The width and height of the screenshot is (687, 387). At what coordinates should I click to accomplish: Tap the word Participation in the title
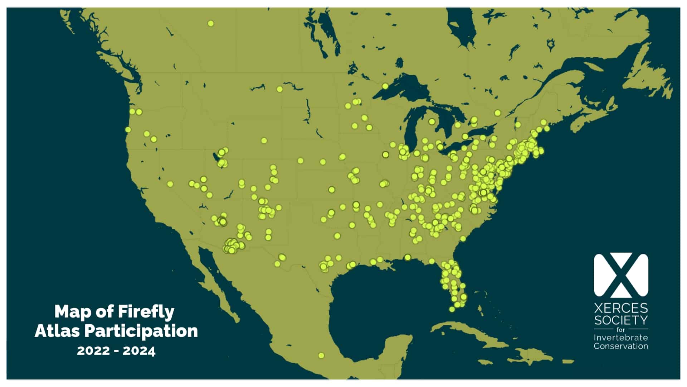click(141, 331)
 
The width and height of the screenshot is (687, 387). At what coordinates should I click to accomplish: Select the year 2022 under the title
click(93, 350)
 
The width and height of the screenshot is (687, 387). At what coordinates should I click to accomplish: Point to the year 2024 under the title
click(139, 350)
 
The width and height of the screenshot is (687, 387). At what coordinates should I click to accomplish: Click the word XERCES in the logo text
click(621, 308)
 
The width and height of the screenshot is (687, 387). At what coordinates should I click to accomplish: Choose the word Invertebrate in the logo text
click(621, 338)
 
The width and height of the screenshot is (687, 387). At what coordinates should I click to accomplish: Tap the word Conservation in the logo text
click(621, 346)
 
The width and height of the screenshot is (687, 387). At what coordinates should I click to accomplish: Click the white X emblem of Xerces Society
click(621, 275)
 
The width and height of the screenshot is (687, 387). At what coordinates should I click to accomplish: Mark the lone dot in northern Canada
click(211, 24)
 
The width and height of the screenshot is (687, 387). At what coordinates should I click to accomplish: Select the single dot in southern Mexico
click(321, 355)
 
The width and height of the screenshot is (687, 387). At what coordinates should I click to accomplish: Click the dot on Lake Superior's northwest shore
click(385, 86)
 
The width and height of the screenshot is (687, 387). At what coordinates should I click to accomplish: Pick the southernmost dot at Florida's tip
click(452, 309)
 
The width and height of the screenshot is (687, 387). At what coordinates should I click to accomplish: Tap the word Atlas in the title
click(57, 331)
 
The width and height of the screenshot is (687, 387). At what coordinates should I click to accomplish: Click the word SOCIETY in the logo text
click(621, 320)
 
